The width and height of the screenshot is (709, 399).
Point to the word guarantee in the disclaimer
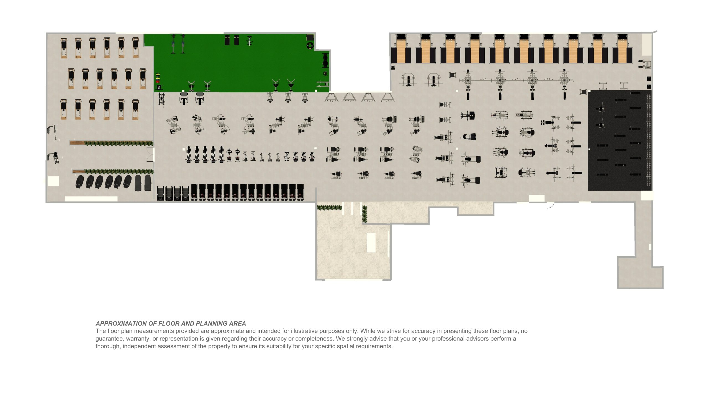click(109, 339)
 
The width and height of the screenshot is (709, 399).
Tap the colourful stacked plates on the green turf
click(158, 78)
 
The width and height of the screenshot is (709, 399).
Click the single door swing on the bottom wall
click(550, 205)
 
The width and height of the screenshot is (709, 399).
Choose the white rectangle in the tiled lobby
click(371, 242)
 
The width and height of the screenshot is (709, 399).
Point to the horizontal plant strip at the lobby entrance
click(329, 208)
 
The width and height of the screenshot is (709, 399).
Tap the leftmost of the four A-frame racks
click(332, 98)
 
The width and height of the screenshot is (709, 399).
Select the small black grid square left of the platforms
click(393, 68)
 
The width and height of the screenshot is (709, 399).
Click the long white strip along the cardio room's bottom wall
click(91, 199)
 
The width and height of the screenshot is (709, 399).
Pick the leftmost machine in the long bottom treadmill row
click(161, 193)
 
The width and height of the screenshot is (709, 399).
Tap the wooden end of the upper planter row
click(77, 143)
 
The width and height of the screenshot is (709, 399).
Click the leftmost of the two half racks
click(408, 80)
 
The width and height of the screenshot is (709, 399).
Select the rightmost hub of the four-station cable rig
click(564, 80)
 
